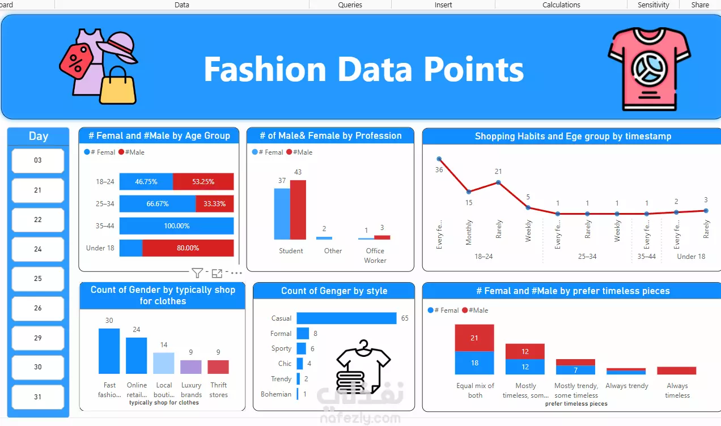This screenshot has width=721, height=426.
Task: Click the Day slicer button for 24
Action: click(37, 249)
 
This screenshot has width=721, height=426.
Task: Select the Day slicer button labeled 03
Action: click(37, 160)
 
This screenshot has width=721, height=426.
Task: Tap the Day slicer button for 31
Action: click(37, 397)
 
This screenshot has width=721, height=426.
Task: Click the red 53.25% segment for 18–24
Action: click(203, 181)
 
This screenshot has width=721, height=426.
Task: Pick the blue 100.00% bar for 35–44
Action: click(176, 226)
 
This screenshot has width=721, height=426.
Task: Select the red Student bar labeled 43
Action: click(298, 210)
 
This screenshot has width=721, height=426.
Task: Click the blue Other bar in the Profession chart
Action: click(324, 238)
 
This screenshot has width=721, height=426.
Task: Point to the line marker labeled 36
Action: click(439, 159)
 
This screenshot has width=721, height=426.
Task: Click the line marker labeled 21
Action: click(498, 182)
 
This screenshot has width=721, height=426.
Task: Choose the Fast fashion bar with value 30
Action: click(109, 351)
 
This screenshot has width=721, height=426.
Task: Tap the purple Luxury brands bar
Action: click(191, 367)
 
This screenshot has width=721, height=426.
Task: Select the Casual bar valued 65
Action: click(346, 318)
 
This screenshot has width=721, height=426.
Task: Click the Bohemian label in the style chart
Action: click(276, 394)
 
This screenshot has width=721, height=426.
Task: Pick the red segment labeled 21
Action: click(474, 338)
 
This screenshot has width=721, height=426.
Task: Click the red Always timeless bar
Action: click(677, 370)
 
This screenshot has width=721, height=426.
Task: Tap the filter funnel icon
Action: click(197, 273)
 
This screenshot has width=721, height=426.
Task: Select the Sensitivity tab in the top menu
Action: click(653, 5)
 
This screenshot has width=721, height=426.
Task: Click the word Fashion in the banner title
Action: click(265, 69)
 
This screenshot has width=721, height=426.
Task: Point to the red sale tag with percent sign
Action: click(77, 61)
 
